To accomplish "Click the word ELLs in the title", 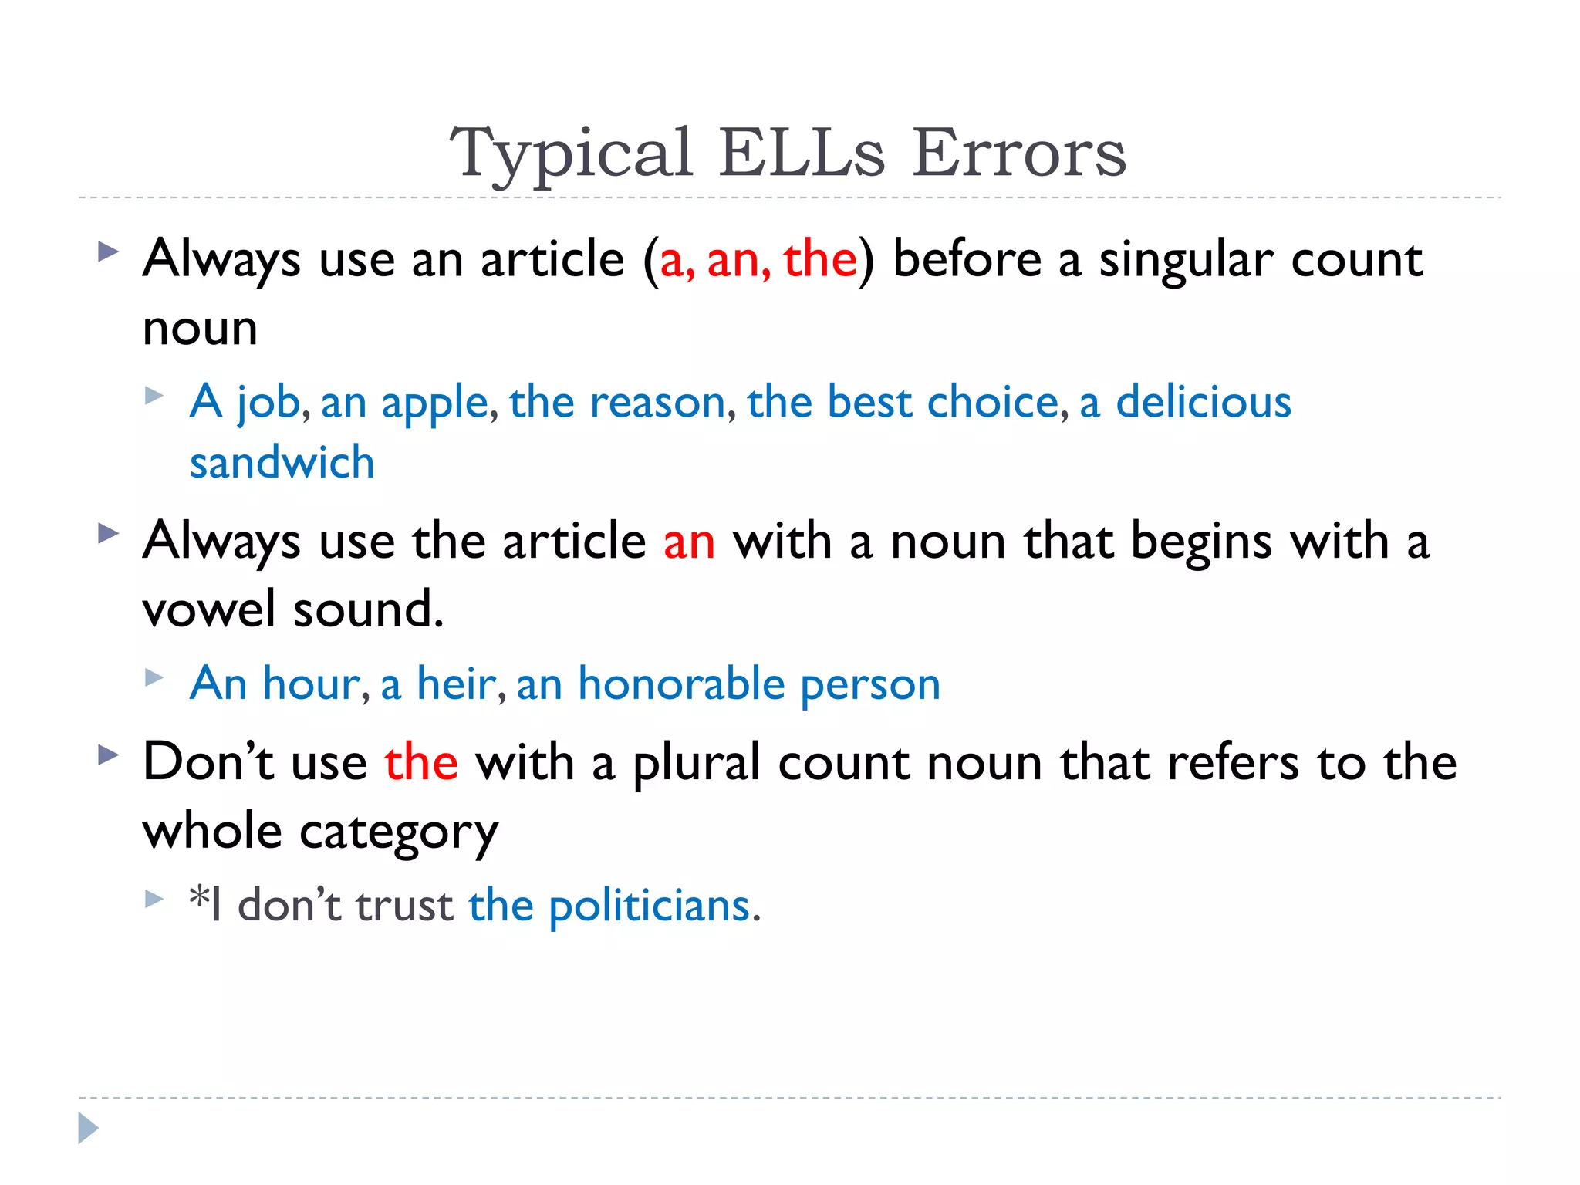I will pyautogui.click(x=802, y=153).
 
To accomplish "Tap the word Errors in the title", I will pyautogui.click(x=1019, y=153).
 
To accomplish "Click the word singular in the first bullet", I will pyautogui.click(x=1185, y=260).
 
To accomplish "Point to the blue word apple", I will pyautogui.click(x=434, y=403).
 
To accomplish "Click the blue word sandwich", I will pyautogui.click(x=282, y=463).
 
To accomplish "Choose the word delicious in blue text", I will pyautogui.click(x=1204, y=402).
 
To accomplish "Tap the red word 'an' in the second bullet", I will pyautogui.click(x=689, y=542).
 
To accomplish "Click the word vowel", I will pyautogui.click(x=208, y=609).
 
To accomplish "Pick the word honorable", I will pyautogui.click(x=681, y=684).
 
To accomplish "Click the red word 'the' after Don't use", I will pyautogui.click(x=421, y=762).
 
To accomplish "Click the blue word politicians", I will pyautogui.click(x=650, y=906).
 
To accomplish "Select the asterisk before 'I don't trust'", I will pyautogui.click(x=199, y=897).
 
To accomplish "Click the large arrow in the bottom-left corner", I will pyautogui.click(x=88, y=1129).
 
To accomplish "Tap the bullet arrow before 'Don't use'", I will pyautogui.click(x=109, y=755).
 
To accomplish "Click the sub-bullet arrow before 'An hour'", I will pyautogui.click(x=154, y=678).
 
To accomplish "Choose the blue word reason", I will pyautogui.click(x=657, y=403).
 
